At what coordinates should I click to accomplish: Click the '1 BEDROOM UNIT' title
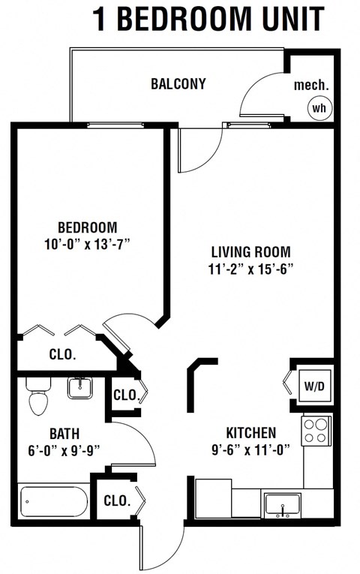208,19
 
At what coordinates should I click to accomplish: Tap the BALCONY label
178,83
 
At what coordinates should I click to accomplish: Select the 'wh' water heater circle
319,108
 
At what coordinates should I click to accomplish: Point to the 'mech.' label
310,84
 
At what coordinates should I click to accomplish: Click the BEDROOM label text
88,227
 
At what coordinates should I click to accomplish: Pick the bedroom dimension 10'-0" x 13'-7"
88,243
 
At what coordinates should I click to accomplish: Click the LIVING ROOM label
250,252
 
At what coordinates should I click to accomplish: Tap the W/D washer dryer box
313,386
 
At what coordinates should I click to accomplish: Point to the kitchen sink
283,504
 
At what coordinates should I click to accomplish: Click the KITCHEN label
251,433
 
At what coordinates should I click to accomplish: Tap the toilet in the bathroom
37,395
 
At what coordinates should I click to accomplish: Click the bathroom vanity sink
79,388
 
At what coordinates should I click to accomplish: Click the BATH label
64,434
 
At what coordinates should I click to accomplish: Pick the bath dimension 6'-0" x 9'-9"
64,450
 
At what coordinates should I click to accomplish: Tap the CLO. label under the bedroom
62,354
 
